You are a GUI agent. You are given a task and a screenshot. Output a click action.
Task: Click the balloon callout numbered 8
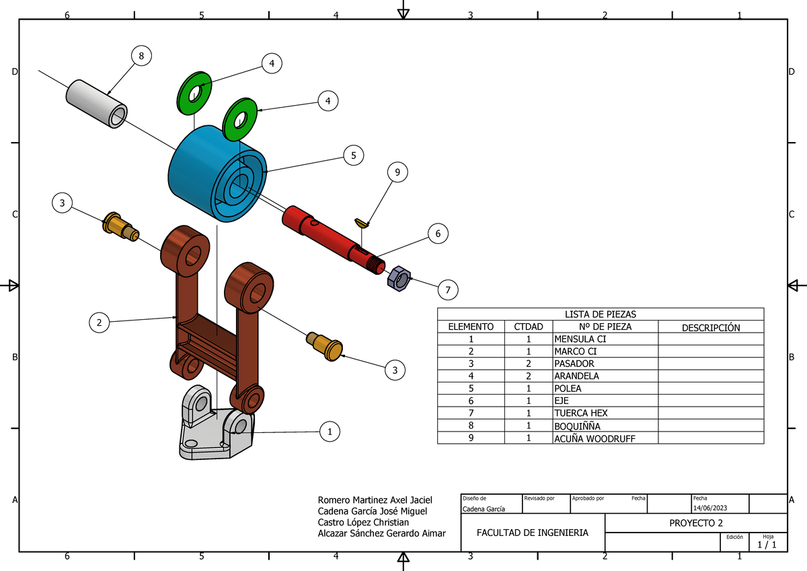click(x=141, y=56)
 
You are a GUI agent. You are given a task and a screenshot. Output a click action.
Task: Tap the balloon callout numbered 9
click(x=397, y=173)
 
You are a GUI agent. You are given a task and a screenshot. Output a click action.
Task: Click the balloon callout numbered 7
click(x=447, y=290)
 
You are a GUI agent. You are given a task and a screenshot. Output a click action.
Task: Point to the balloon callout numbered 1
click(x=330, y=432)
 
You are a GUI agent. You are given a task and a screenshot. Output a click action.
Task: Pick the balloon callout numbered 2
click(x=100, y=323)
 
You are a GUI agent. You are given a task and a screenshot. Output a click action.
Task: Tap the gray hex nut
click(x=398, y=278)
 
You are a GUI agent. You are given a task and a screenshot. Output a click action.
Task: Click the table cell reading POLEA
click(x=568, y=389)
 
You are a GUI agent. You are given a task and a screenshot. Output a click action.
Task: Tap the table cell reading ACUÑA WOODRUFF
click(x=594, y=438)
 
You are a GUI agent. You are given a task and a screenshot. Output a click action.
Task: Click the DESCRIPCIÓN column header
click(x=710, y=328)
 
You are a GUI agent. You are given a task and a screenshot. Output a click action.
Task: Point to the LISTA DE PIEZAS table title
click(x=600, y=314)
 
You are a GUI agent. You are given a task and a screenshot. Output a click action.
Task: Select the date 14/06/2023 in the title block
click(x=710, y=507)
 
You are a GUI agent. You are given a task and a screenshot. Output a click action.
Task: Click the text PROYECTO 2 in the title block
click(x=695, y=523)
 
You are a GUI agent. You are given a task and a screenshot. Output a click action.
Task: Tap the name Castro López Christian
click(x=363, y=523)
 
